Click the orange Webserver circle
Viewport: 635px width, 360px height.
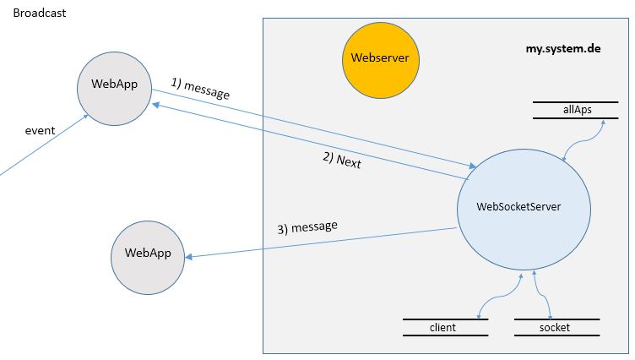(x=381, y=58)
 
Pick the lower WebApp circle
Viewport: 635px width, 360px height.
(x=148, y=253)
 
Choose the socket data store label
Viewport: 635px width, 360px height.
(x=554, y=327)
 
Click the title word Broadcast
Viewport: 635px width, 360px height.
(x=40, y=14)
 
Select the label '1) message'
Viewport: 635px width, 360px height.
(x=199, y=89)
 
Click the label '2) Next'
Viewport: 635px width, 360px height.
(x=342, y=161)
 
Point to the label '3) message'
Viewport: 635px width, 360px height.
(x=307, y=227)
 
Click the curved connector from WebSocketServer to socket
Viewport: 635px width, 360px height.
(x=541, y=296)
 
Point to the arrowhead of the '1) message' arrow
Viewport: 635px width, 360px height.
(x=470, y=166)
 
